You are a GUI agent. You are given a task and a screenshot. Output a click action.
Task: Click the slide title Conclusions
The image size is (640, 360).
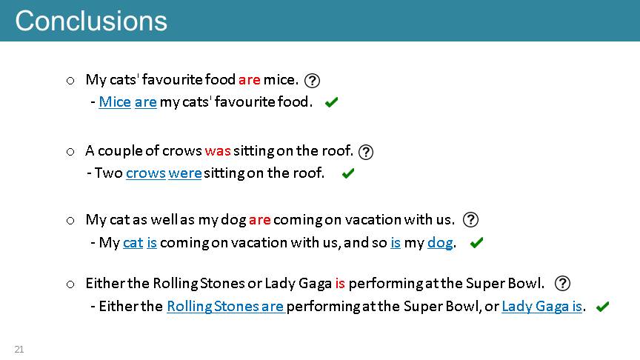point(91,21)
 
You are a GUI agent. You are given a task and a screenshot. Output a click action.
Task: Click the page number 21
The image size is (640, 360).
point(19,350)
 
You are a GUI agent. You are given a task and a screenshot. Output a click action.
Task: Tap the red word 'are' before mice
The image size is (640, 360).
point(250,79)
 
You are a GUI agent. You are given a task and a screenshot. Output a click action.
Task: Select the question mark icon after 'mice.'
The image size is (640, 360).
point(313,81)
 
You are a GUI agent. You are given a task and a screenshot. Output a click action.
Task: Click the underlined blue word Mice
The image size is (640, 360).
point(115,102)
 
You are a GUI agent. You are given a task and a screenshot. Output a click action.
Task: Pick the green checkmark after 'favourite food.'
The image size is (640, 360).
point(331,102)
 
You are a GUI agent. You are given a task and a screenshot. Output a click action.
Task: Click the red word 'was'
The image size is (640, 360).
point(218,151)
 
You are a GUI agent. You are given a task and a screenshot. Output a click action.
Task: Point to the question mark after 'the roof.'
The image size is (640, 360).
point(366,153)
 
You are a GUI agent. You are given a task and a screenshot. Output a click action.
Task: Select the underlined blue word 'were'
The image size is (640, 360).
point(185,173)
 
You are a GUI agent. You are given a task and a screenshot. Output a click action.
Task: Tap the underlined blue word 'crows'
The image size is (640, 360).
point(146,173)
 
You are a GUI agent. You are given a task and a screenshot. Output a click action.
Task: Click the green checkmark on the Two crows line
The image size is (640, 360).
point(348,173)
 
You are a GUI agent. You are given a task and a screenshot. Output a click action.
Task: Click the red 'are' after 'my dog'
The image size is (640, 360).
point(260,220)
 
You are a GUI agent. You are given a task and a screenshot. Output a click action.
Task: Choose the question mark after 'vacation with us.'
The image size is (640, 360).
point(470,219)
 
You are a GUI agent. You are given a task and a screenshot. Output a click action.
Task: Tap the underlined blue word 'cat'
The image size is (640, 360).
point(133,243)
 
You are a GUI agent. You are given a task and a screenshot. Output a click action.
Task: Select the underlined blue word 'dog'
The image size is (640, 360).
point(440,243)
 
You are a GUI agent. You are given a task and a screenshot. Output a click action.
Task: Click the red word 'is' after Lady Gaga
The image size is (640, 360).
point(341,283)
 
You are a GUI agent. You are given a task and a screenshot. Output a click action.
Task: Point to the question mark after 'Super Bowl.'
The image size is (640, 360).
point(562,283)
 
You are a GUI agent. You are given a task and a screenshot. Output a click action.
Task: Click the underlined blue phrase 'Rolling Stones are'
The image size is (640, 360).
point(225,307)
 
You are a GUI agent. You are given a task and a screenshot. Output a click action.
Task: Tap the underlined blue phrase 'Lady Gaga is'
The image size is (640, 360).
point(541,307)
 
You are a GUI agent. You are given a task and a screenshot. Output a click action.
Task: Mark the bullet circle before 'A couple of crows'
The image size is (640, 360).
point(70,153)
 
